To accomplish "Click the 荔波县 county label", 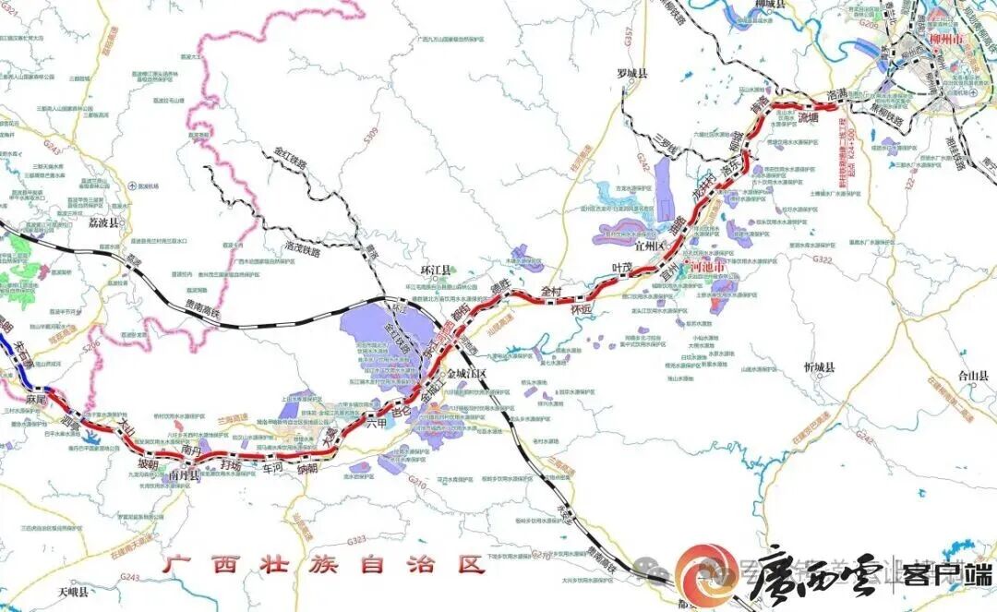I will pyautogui.click(x=103, y=223).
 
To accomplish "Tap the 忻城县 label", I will pyautogui.click(x=818, y=367).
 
